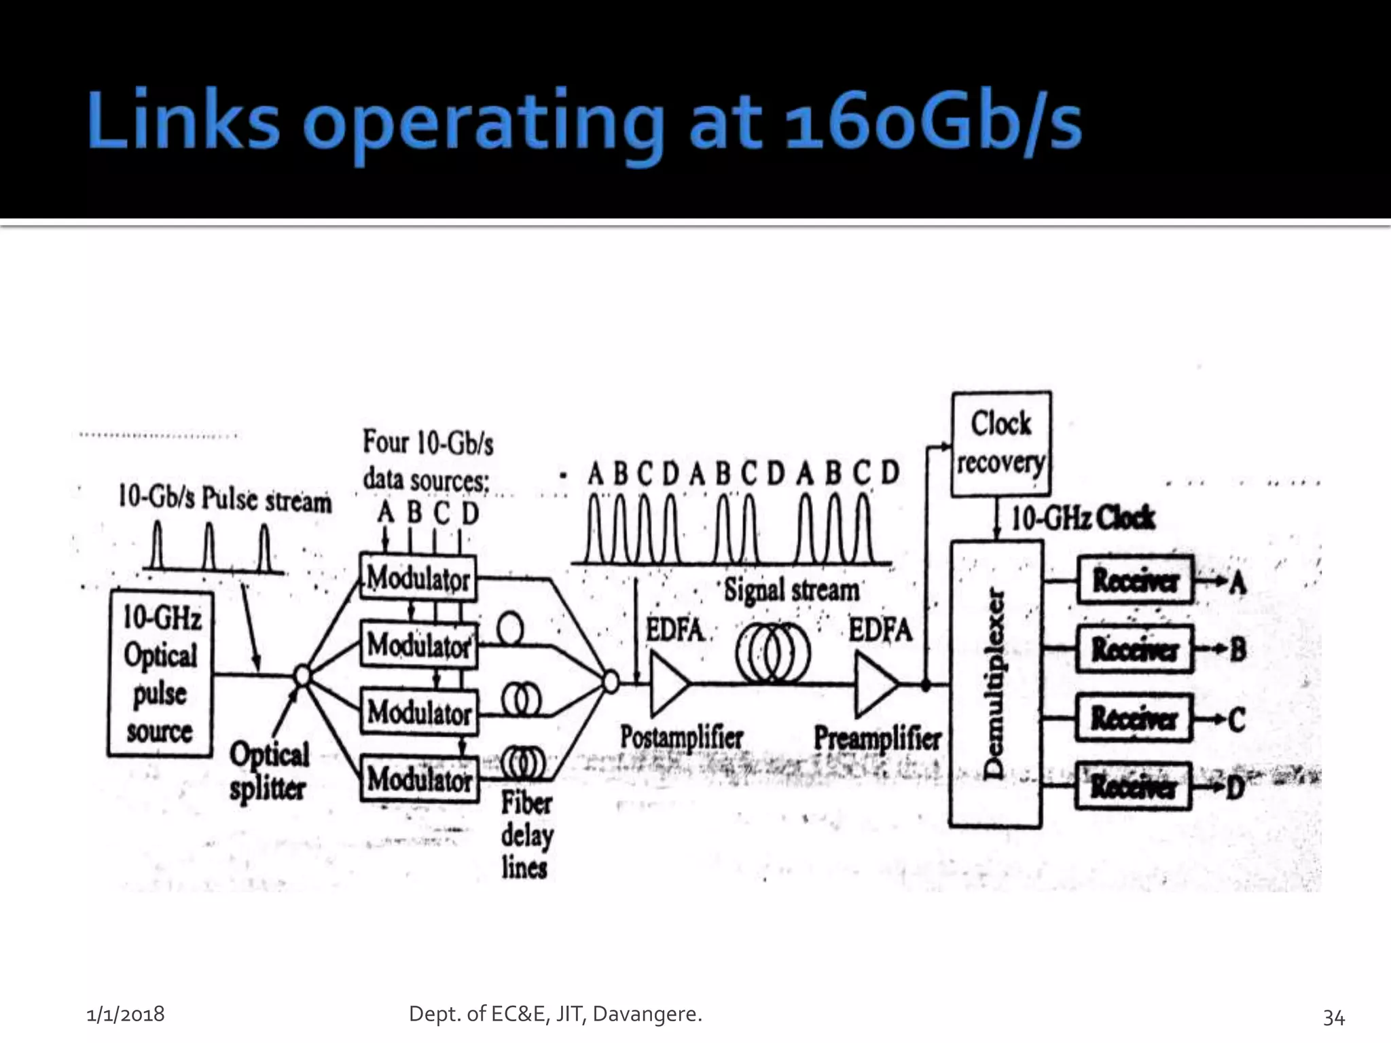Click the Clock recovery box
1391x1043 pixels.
point(1000,443)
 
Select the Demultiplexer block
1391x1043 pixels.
point(995,684)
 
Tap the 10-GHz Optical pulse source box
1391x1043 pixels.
point(160,674)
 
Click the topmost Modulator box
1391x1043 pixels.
point(418,578)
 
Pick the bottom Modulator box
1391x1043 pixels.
point(419,779)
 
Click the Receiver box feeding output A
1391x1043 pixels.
point(1134,581)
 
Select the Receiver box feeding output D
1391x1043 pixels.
point(1133,787)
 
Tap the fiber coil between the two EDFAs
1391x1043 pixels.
point(773,653)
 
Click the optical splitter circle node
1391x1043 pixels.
point(302,676)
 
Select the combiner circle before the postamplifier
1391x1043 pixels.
point(611,681)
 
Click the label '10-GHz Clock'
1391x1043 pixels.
point(1083,519)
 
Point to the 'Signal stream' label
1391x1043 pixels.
point(791,590)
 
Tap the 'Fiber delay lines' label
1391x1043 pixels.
point(526,836)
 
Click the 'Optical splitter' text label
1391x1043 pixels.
point(269,771)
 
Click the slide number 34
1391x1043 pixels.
point(1333,1017)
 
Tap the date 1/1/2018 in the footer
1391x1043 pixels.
point(126,1014)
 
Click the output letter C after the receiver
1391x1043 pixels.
point(1236,720)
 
